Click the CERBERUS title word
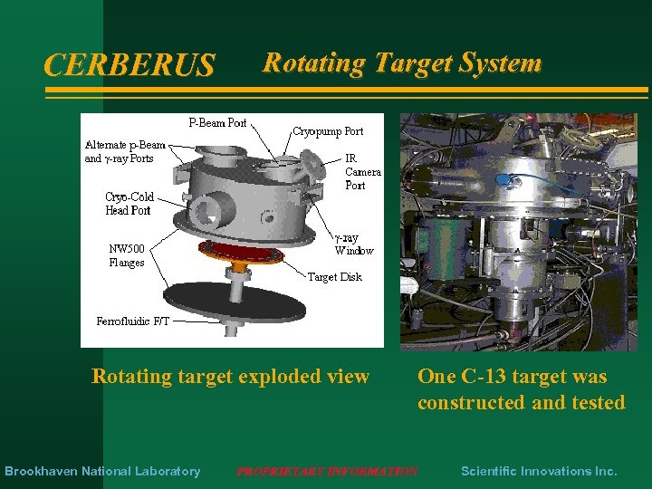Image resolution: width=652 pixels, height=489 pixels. pos(129,65)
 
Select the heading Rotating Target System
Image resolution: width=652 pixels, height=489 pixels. pos(401,62)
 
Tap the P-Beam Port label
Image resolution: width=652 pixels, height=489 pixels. pos(217,122)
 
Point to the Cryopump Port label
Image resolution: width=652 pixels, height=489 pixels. pos(328,131)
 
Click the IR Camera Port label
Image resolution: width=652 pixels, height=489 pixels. pos(362,171)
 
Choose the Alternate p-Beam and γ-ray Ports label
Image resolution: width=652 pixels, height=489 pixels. pos(125,151)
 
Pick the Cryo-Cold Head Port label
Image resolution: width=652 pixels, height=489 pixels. pos(129,204)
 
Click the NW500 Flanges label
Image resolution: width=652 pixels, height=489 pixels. pos(127,255)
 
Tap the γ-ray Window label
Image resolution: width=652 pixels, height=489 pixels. pos(352,244)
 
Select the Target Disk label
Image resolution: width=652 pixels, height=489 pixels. pos(334,277)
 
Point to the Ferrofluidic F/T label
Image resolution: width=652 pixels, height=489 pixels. pos(132,321)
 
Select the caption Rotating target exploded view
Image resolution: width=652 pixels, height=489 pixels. pos(231,376)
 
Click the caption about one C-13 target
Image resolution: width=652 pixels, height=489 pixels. pos(521,389)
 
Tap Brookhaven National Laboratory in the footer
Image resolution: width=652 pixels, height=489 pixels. pos(102,471)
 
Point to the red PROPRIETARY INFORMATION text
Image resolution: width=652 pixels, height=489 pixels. pos(327,471)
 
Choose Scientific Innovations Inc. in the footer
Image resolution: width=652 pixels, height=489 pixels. pos(539,471)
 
